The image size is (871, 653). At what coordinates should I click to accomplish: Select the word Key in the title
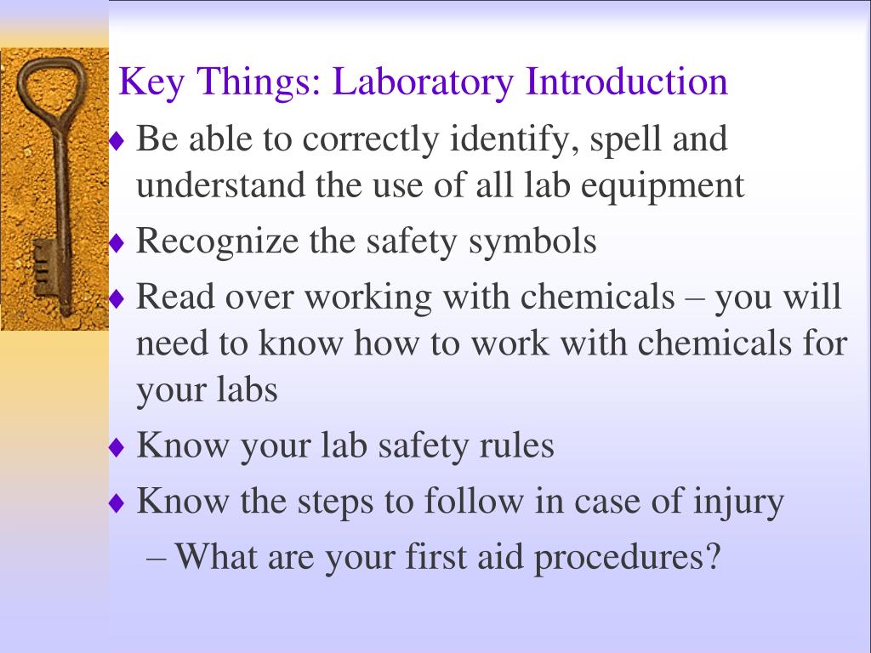point(147,82)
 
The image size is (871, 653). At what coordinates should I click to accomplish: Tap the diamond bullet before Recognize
point(117,244)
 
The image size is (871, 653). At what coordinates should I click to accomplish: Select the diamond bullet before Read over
point(117,299)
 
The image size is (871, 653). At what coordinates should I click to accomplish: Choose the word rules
point(519,445)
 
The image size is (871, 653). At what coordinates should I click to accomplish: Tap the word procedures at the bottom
point(628,558)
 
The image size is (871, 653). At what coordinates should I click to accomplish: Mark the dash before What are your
point(157,559)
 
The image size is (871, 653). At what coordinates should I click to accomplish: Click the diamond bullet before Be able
point(117,141)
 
